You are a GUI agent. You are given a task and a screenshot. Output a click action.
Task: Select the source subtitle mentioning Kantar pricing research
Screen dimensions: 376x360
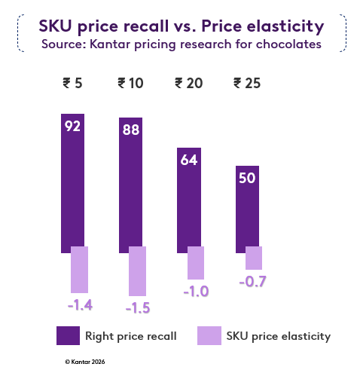pyautogui.click(x=181, y=44)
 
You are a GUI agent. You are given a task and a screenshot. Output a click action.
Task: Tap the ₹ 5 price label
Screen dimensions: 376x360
pyautogui.click(x=72, y=83)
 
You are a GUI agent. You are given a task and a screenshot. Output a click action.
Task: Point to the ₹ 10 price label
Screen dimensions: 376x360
pyautogui.click(x=130, y=83)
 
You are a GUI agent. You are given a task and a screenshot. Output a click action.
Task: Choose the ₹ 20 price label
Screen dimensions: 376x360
pyautogui.click(x=188, y=83)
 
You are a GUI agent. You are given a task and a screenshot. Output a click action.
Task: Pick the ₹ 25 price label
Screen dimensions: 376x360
pyautogui.click(x=247, y=83)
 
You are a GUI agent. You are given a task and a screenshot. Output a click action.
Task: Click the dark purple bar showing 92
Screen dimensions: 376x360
pyautogui.click(x=72, y=188)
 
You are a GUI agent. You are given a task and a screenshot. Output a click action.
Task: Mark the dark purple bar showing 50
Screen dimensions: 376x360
pyautogui.click(x=247, y=215)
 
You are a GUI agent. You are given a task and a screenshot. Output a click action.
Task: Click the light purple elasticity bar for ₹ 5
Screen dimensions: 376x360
pyautogui.click(x=79, y=269)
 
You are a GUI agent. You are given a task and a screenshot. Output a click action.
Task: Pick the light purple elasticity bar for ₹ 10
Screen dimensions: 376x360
pyautogui.click(x=137, y=271)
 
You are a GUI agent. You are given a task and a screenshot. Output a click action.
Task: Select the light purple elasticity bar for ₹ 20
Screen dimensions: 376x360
pyautogui.click(x=195, y=262)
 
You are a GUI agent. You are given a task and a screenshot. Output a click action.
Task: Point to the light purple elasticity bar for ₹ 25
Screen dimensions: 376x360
pyautogui.click(x=254, y=258)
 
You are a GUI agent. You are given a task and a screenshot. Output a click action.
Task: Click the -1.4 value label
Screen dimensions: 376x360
pyautogui.click(x=80, y=305)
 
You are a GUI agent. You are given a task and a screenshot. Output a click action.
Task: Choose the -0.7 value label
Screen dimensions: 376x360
pyautogui.click(x=252, y=282)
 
